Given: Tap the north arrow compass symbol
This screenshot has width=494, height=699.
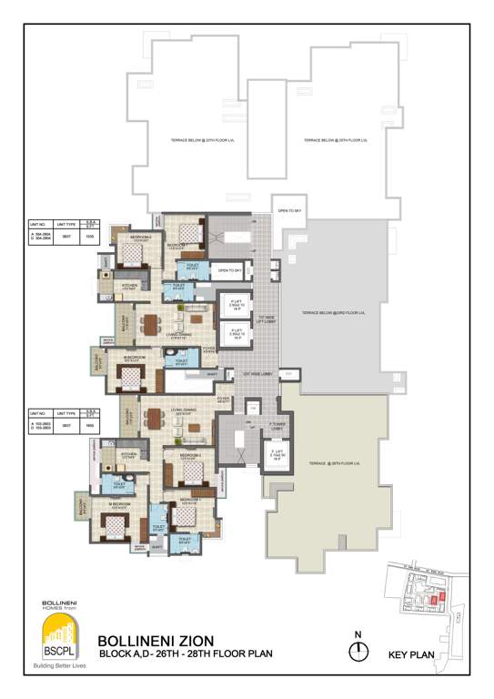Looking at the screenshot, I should (361, 650).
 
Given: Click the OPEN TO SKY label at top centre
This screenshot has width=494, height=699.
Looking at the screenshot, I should (290, 210).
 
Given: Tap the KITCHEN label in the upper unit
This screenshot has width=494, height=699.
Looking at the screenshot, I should (131, 288).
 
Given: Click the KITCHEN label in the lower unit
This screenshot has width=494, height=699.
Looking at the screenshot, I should (129, 454).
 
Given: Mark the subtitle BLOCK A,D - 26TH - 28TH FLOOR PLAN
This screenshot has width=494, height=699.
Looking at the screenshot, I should (185, 653).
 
